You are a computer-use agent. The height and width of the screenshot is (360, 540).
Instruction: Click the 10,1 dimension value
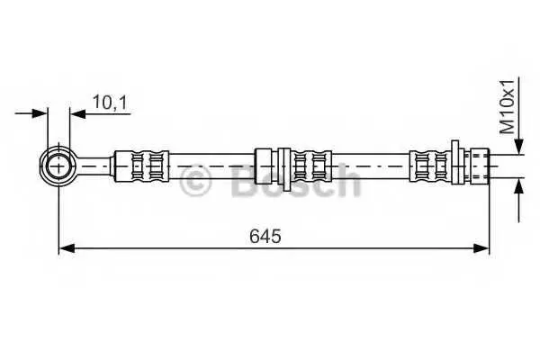coord(110,103)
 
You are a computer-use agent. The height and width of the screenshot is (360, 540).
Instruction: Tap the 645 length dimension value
coord(265,236)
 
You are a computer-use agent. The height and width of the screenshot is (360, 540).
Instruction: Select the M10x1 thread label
coord(508,106)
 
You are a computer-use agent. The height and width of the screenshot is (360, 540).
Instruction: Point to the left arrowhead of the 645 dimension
coord(67,247)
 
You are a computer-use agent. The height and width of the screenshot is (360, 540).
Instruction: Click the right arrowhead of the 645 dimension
coord(481,247)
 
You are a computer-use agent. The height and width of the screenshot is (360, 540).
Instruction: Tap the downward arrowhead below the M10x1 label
coord(518,146)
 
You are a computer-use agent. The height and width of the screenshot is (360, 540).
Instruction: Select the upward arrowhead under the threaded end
coord(518,186)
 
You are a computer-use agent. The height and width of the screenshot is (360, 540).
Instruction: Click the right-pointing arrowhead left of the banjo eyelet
coord(39,112)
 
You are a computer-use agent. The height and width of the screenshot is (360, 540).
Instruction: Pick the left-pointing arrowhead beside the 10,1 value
coord(77,112)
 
